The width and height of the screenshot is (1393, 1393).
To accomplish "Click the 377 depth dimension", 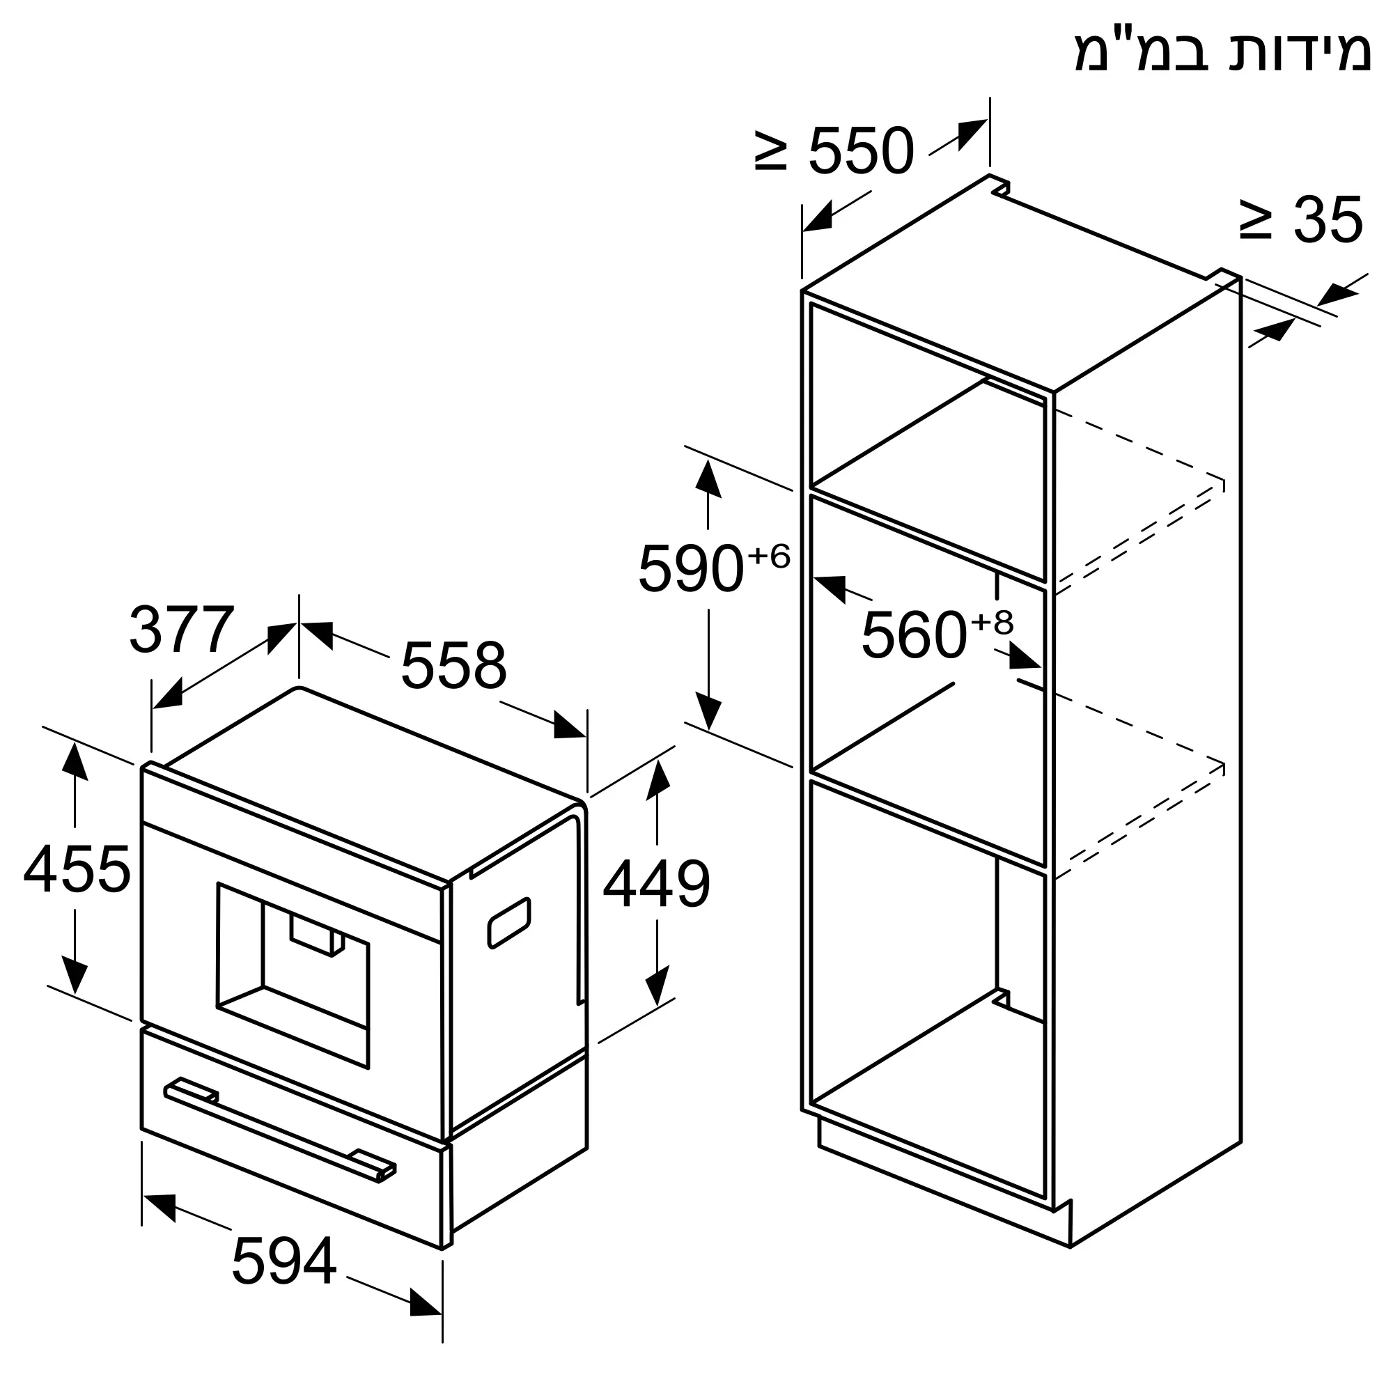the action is click(182, 630).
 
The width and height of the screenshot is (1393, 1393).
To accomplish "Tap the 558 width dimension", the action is click(453, 665).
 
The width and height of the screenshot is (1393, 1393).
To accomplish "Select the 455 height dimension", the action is click(77, 869).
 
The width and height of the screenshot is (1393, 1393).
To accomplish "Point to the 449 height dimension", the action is click(656, 884).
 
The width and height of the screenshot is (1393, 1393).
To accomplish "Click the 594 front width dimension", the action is click(284, 1261).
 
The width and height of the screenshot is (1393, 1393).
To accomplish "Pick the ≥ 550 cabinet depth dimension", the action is click(835, 150).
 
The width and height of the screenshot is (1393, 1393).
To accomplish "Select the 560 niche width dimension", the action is click(914, 635).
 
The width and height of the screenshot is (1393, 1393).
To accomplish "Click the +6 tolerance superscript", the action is click(769, 556).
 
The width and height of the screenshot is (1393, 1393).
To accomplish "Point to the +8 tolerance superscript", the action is click(992, 621).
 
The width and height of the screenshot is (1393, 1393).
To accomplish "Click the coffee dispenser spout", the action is click(317, 937).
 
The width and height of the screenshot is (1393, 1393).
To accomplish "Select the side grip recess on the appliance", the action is click(509, 923).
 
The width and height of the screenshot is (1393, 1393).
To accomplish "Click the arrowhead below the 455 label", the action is click(75, 976).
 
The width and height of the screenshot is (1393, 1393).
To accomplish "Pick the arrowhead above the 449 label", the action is click(657, 780).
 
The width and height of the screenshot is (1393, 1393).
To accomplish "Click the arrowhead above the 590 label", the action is click(708, 477).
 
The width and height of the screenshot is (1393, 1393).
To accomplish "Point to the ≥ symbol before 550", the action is click(770, 150).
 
